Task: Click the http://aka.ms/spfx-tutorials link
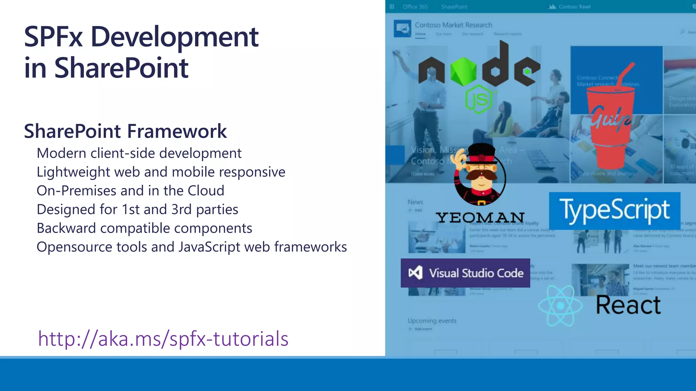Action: pyautogui.click(x=163, y=339)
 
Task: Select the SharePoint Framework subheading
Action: pyautogui.click(x=125, y=131)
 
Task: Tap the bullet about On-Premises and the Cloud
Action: pyautogui.click(x=130, y=191)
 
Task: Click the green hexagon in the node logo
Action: pyautogui.click(x=463, y=71)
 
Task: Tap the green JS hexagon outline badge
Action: pyautogui.click(x=478, y=99)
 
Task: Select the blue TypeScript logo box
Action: pyautogui.click(x=614, y=210)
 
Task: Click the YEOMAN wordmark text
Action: pyautogui.click(x=480, y=218)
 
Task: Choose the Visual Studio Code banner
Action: pyautogui.click(x=465, y=273)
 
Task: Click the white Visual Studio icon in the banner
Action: pyautogui.click(x=415, y=273)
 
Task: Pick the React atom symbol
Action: pyautogui.click(x=560, y=306)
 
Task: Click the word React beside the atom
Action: pyautogui.click(x=628, y=305)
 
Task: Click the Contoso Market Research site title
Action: pyautogui.click(x=453, y=25)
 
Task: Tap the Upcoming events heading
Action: pyautogui.click(x=432, y=321)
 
